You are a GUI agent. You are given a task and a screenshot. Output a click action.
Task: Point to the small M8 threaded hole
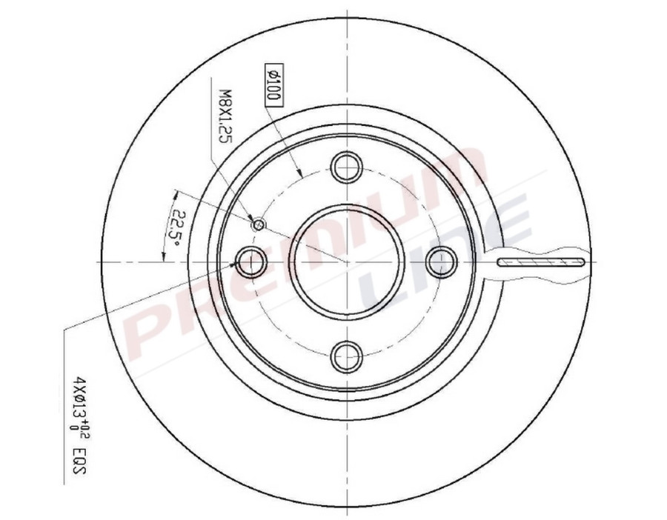pos(259,224)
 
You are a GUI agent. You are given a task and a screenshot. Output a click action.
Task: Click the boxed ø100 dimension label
pos(271,84)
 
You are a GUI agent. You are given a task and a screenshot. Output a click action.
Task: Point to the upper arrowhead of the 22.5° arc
pos(176,194)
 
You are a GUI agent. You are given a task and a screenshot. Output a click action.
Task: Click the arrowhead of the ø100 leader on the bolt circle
pos(300,175)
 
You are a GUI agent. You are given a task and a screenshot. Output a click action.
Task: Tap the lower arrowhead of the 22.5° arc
pos(162,256)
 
